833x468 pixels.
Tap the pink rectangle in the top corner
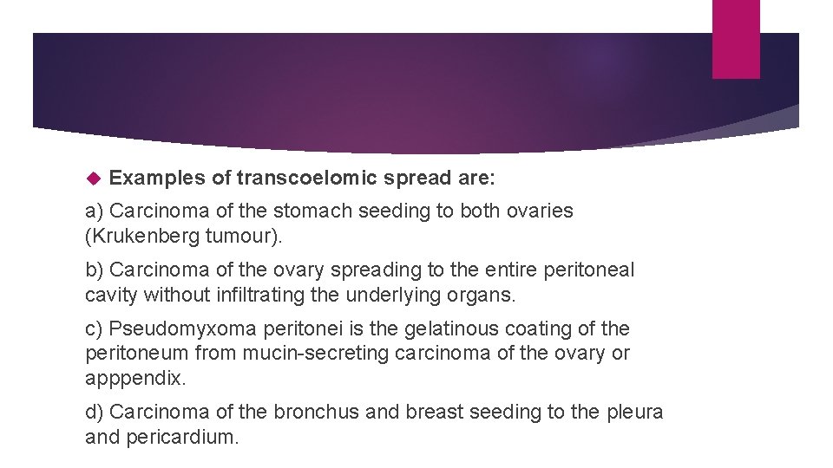tap(735, 39)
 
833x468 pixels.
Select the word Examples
tap(158, 178)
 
